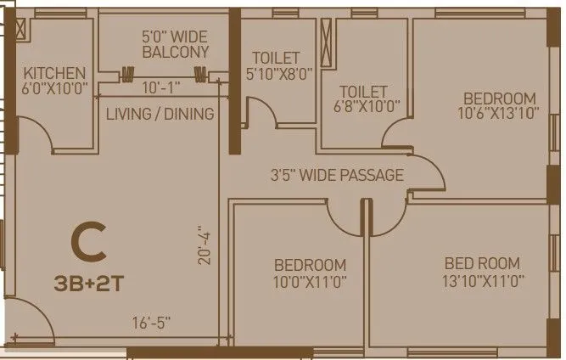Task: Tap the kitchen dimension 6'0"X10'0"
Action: (x=54, y=88)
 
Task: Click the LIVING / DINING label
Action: (x=159, y=114)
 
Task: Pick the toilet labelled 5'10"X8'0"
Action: (x=275, y=65)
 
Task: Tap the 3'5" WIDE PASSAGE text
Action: (x=336, y=176)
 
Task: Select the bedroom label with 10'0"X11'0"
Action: (x=310, y=273)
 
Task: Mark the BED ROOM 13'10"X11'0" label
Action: (x=481, y=272)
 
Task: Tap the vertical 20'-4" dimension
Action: (x=202, y=246)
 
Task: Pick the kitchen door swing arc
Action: (x=42, y=136)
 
